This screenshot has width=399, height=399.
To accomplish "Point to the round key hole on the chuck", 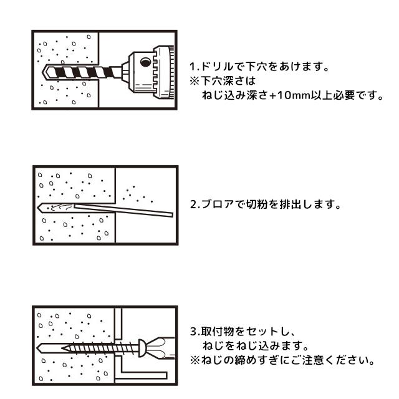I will tap(145, 62).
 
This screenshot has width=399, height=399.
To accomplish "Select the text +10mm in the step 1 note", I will tap(281, 97).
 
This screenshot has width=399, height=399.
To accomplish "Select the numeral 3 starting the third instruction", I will tap(191, 332).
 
